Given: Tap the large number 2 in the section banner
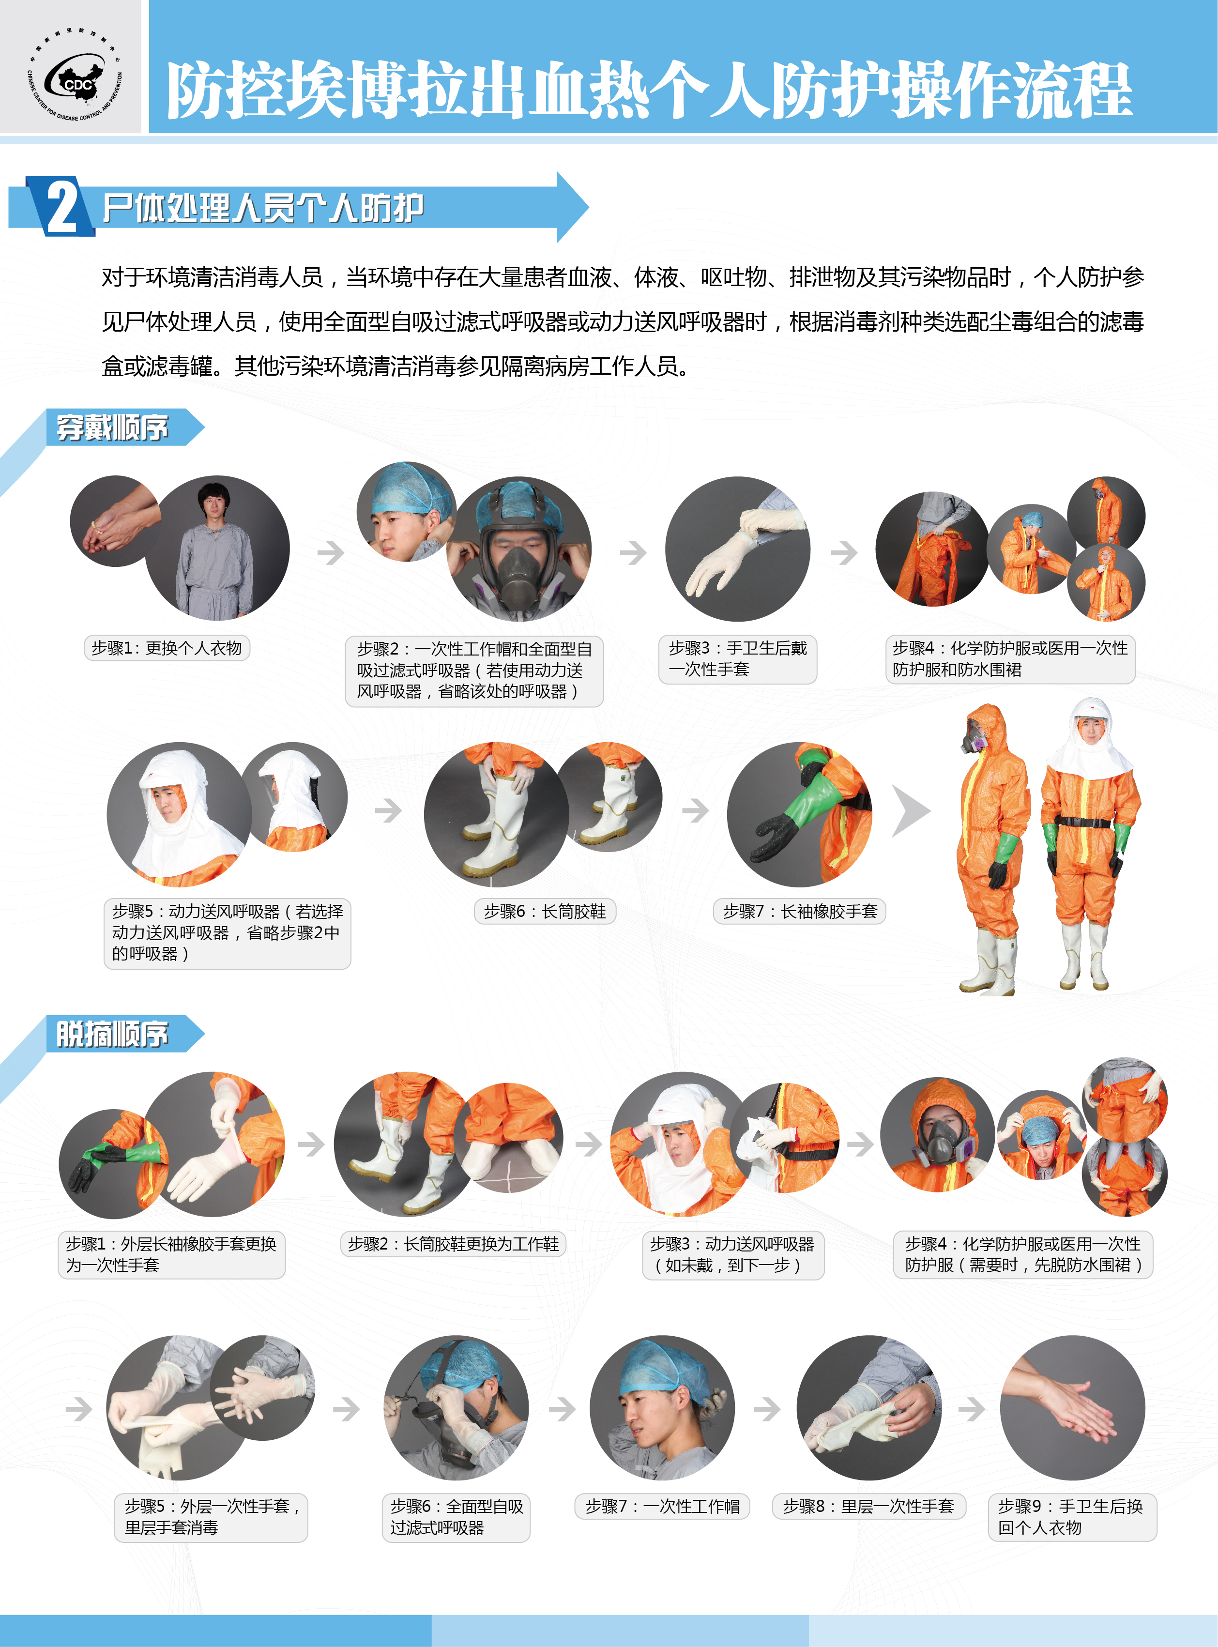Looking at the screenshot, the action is pos(62,207).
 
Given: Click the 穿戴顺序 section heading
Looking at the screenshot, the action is pos(112,427).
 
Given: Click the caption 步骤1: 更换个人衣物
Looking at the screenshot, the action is pos(167,648).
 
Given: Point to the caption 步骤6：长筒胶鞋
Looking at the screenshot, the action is pos(545,911).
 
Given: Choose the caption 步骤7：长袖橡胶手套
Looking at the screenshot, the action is pos(799,911).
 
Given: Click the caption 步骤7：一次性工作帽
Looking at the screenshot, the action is pos(662,1506).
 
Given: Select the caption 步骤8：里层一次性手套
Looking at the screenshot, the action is pos(868,1506).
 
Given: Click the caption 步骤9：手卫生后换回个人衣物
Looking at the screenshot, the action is pos(1072,1516).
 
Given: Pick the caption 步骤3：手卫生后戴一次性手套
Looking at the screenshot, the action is pos(737,659).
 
